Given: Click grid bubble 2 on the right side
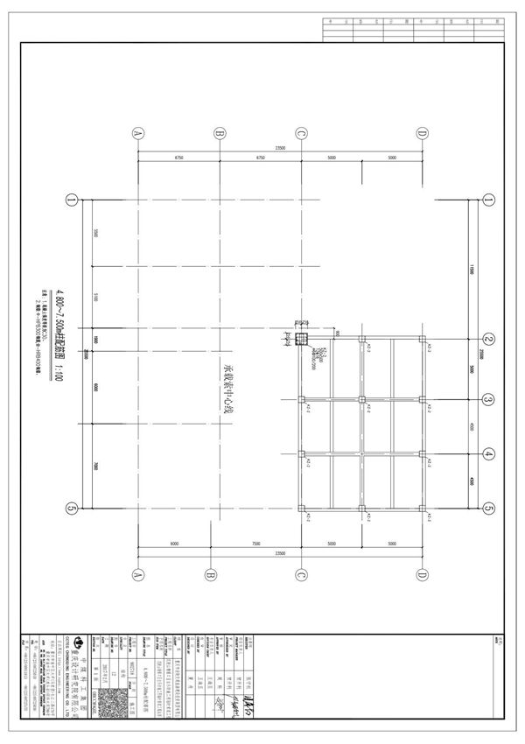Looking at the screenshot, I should pyautogui.click(x=490, y=340).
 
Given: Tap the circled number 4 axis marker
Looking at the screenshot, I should pyautogui.click(x=490, y=454).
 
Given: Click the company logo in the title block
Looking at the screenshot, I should pyautogui.click(x=76, y=640).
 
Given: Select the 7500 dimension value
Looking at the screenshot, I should pyautogui.click(x=256, y=544).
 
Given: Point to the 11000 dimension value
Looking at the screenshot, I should pyautogui.click(x=471, y=267).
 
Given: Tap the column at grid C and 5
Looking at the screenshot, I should pyautogui.click(x=301, y=508).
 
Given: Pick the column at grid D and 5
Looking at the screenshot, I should pyautogui.click(x=423, y=508).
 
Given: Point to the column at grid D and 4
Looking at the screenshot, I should pyautogui.click(x=423, y=454).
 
